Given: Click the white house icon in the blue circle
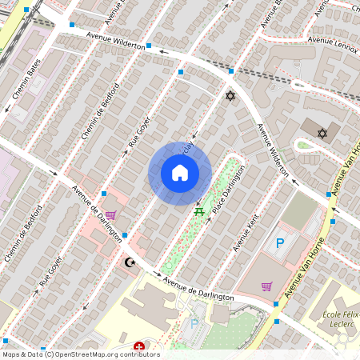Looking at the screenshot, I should (180, 172).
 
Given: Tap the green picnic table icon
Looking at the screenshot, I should (198, 211).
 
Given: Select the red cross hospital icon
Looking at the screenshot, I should (140, 346).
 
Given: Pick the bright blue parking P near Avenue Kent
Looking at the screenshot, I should (279, 243).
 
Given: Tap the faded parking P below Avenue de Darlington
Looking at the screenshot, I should (194, 324).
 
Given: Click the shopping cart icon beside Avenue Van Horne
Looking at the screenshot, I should (266, 286).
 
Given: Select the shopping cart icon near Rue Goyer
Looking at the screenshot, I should (110, 214).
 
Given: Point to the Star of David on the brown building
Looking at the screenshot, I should (323, 133).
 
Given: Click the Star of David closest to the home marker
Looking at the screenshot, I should (231, 96).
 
